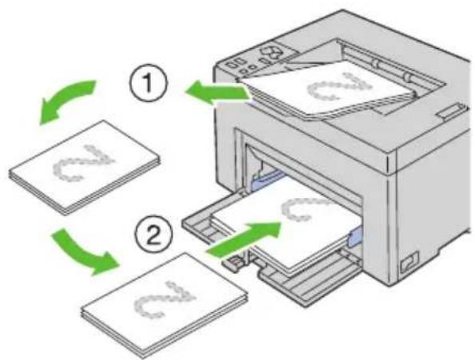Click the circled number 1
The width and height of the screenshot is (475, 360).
(148, 83)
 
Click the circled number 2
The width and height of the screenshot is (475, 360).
(153, 235)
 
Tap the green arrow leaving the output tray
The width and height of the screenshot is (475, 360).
(218, 93)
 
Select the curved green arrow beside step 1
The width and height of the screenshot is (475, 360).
(65, 101)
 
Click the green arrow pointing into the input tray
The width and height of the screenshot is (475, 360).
(244, 239)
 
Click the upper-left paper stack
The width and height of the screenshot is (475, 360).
(84, 168)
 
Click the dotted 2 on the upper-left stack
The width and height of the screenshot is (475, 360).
(84, 163)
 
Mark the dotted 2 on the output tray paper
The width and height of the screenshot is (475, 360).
(339, 87)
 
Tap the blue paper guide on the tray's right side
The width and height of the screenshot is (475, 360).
(356, 235)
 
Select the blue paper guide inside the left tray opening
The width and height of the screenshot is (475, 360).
(267, 181)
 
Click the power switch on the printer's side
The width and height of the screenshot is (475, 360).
(409, 262)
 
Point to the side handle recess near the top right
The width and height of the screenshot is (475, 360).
(451, 110)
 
